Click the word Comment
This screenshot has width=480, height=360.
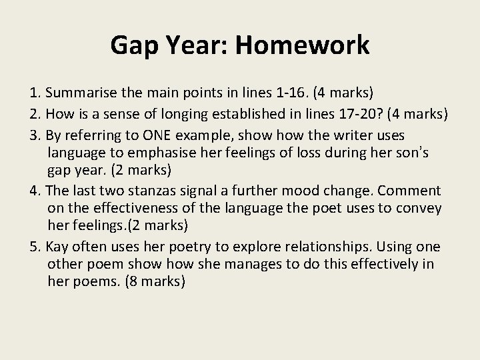(x=407, y=191)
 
